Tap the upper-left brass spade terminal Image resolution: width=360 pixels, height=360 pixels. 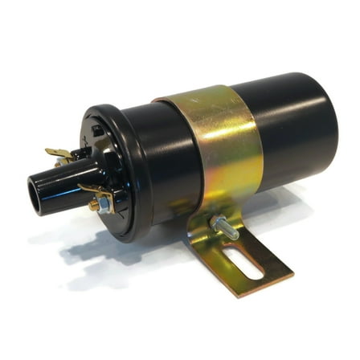57,153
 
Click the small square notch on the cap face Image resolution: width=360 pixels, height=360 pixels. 97,128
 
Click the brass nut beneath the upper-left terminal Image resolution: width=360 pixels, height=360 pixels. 64,161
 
